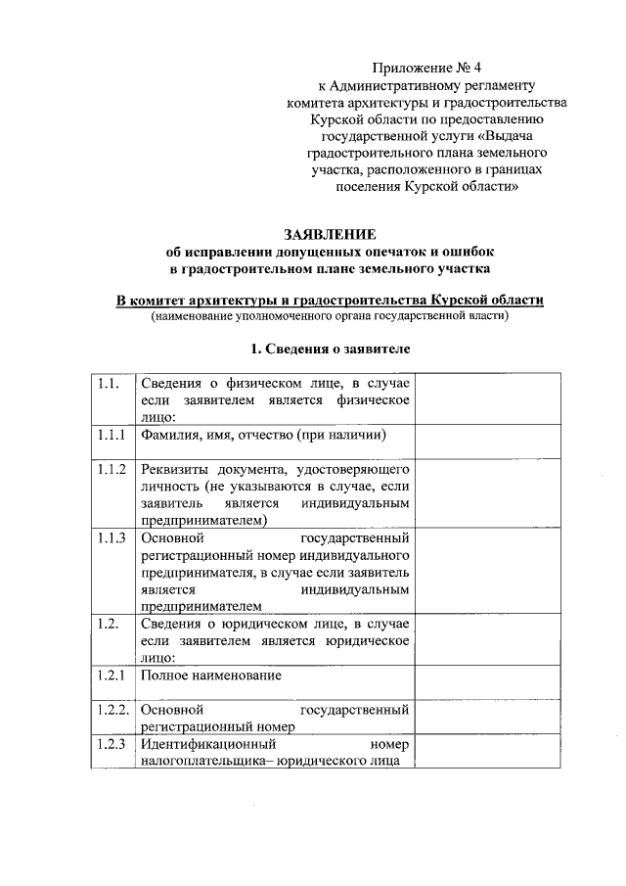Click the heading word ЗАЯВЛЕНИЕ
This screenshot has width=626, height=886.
point(329,235)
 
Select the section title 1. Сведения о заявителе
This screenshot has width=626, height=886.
point(329,349)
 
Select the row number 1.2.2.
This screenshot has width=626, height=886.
point(112,709)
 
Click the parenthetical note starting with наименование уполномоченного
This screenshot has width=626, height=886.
point(329,316)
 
